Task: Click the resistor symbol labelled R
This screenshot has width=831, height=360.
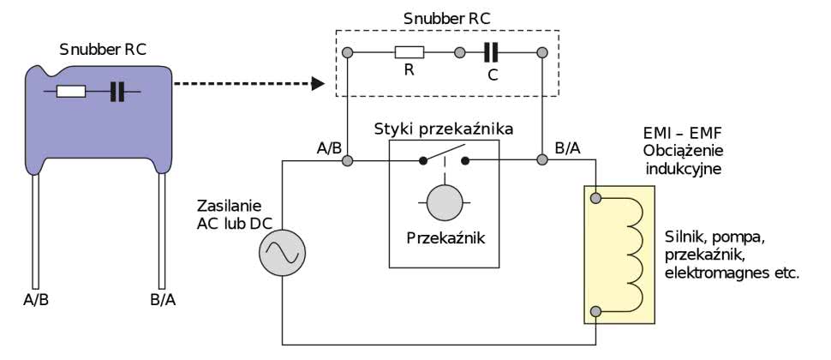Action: pos(408,53)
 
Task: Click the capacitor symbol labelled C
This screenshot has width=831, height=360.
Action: pos(490,53)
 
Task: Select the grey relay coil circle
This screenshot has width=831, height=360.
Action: pos(445,201)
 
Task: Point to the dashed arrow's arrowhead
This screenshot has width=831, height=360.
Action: pos(317,84)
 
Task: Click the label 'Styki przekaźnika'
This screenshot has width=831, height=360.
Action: pos(443,129)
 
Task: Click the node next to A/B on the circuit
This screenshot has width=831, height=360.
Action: pos(347,160)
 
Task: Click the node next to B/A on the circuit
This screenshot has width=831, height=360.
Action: pos(542,160)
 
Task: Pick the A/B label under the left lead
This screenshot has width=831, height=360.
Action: pos(37,300)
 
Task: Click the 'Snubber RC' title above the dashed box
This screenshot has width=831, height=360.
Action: pos(445,17)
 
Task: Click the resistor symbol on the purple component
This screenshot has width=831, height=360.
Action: pos(70,91)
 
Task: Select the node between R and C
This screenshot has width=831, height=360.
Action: pos(460,53)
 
